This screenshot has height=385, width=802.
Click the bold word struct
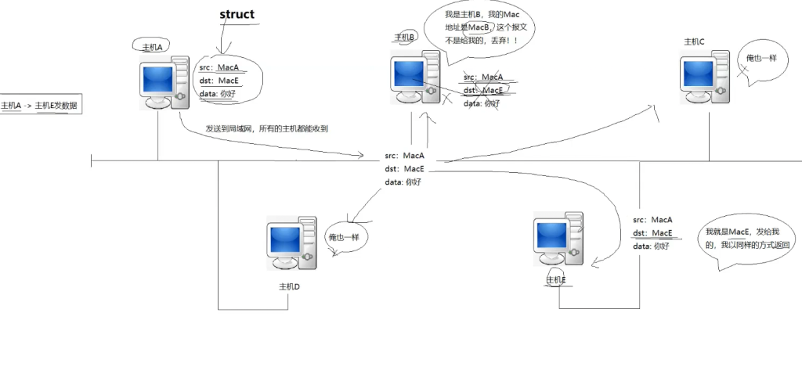point(237,15)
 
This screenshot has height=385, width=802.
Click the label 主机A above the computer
point(150,47)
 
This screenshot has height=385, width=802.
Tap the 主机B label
point(404,37)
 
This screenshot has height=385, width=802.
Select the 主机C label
point(694,41)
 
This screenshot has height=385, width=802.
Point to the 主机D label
point(289,286)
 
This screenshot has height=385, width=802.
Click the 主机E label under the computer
point(555,279)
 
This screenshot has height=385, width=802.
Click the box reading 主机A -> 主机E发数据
point(40,106)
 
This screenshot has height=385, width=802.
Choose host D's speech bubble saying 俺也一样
point(345,236)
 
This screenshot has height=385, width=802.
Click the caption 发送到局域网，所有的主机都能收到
point(266,129)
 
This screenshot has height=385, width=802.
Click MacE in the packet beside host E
point(662,232)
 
